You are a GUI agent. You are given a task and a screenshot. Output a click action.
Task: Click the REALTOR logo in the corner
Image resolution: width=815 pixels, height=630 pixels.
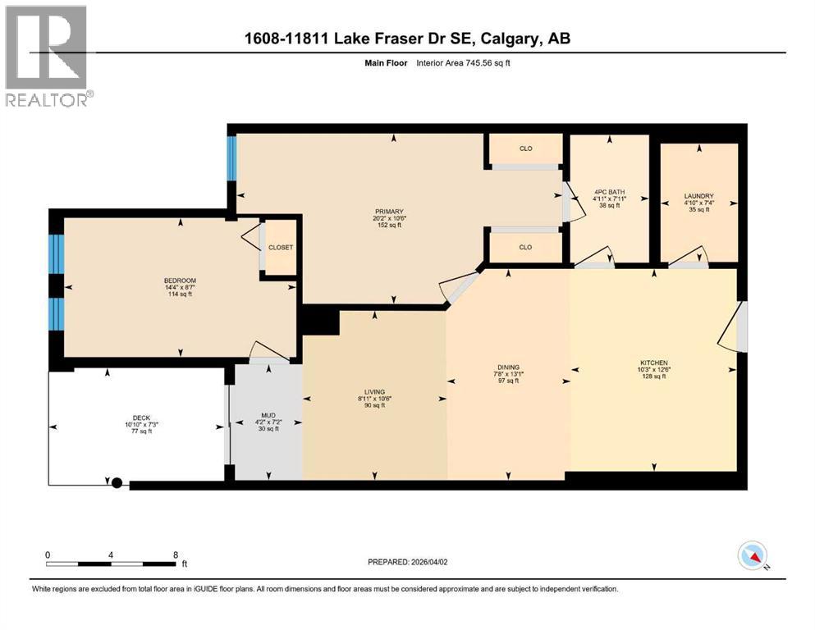pos(47,56)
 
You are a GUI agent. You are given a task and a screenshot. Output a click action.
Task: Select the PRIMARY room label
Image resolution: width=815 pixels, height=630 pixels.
pos(390,210)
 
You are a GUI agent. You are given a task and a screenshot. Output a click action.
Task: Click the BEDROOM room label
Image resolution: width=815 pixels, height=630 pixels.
pos(180,281)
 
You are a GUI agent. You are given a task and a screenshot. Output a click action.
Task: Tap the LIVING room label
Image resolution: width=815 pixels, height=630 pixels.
pos(375,392)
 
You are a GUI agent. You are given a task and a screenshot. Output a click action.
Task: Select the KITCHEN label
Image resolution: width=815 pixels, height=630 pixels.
pos(654,363)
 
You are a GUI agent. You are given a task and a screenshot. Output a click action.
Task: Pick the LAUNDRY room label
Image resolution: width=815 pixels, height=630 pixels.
pos(699,196)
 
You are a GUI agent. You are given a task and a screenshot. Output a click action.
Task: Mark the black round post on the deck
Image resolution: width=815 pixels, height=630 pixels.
pos(117,483)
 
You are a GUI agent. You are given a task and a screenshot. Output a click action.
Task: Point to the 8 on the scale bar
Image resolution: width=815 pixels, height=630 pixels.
pos(175,554)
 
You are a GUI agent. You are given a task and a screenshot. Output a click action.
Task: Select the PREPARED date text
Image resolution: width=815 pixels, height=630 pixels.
pos(408,562)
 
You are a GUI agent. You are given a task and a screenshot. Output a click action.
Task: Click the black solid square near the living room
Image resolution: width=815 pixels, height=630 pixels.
pos(319,320)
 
